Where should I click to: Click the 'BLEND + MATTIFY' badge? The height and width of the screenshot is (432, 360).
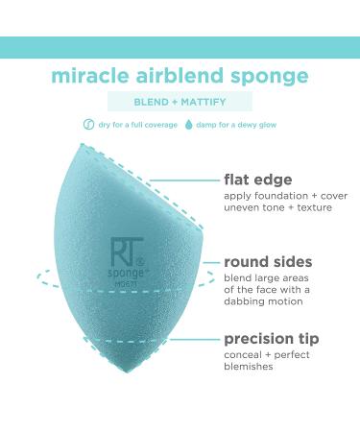tap(180, 101)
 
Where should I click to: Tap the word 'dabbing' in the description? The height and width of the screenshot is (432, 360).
tap(249, 300)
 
